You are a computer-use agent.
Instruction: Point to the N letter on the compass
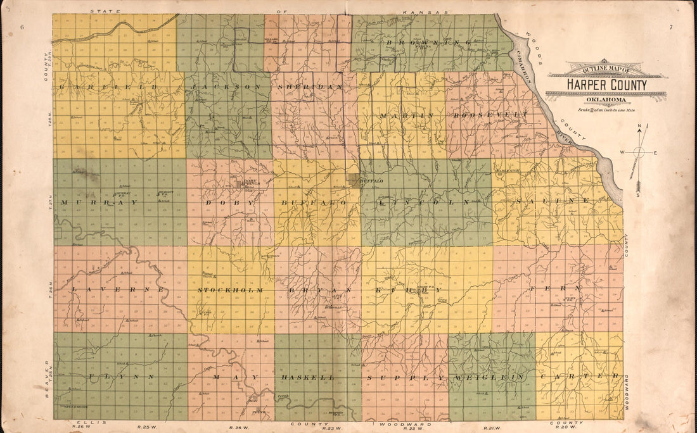click(x=639, y=125)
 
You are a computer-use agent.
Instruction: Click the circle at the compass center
click(x=639, y=152)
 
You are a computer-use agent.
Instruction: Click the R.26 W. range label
click(x=80, y=427)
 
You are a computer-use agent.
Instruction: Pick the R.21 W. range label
click(x=492, y=427)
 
